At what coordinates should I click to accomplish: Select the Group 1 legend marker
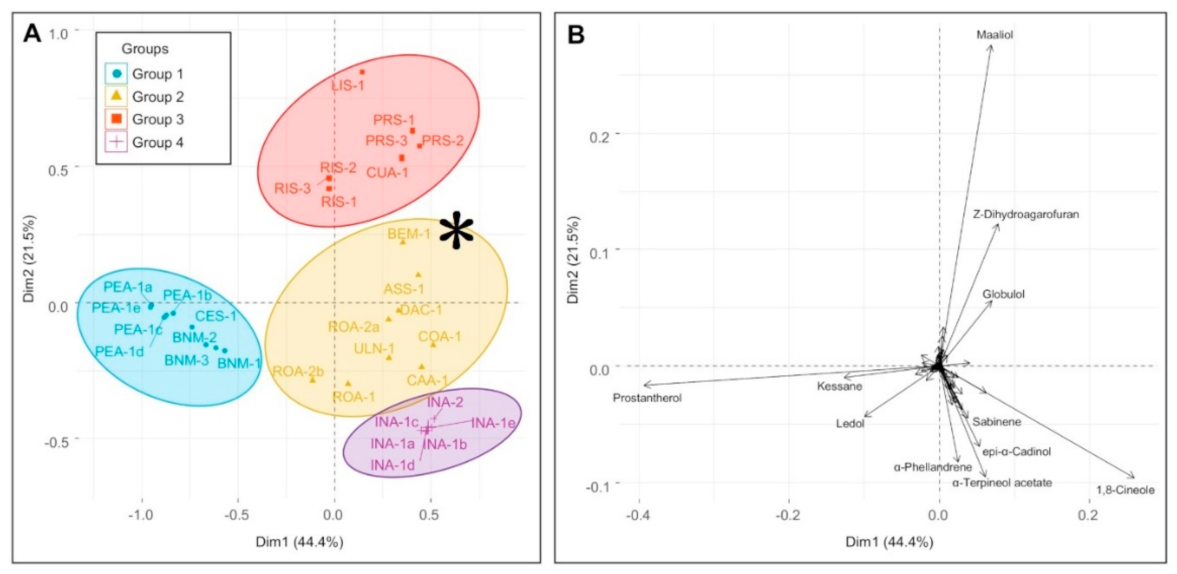point(117,73)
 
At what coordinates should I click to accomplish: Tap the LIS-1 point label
point(348,85)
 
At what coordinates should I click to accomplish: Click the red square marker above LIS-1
point(362,72)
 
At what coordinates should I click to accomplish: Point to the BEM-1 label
point(409,234)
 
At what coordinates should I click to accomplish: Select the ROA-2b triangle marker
point(313,380)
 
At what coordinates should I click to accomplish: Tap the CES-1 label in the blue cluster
point(216,316)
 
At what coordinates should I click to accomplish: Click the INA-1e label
point(493,423)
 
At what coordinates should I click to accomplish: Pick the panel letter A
point(32,34)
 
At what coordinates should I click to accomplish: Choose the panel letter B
point(576,34)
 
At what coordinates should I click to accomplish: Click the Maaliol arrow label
point(995,35)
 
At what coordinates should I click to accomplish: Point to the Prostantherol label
point(647,397)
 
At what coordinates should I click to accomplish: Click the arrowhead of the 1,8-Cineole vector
point(1133,477)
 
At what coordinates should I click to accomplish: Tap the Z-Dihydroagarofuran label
point(1026,214)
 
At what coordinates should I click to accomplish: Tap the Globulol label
point(1004,294)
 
